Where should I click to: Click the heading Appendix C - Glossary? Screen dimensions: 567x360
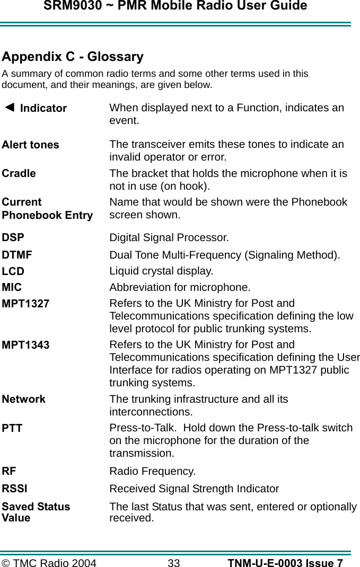tap(73, 57)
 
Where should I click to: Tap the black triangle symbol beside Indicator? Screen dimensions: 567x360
tap(9, 107)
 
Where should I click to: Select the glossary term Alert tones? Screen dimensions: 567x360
tap(31, 145)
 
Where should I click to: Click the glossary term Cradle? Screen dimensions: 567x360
tap(19, 173)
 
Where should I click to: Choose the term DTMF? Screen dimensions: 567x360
tap(17, 255)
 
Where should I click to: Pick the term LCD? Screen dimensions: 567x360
tap(13, 271)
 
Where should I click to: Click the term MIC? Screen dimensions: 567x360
tap(12, 288)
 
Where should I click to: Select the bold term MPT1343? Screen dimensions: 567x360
tap(26, 345)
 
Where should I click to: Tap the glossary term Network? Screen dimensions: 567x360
tap(24, 399)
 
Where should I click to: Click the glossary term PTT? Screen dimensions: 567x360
tap(12, 428)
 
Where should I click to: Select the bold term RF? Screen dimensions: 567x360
tap(9, 471)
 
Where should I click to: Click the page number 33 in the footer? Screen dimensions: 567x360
tap(174, 563)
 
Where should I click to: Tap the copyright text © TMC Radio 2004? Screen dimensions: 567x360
tap(49, 563)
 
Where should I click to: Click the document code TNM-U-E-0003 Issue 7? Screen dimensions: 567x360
tap(285, 563)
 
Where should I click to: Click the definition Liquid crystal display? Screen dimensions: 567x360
tap(161, 271)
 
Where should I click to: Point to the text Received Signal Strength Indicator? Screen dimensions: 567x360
tap(194, 489)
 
